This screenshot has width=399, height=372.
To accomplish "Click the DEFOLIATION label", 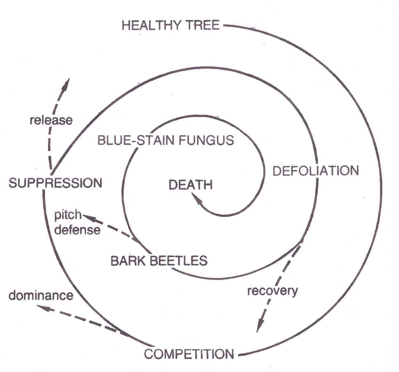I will click(315, 170).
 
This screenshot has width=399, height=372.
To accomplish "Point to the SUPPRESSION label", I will click(55, 182).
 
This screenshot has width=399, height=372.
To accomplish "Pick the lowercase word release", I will click(51, 120).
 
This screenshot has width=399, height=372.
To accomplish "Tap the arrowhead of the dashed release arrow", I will click(66, 82).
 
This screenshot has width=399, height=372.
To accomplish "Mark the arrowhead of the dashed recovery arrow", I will click(258, 327).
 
